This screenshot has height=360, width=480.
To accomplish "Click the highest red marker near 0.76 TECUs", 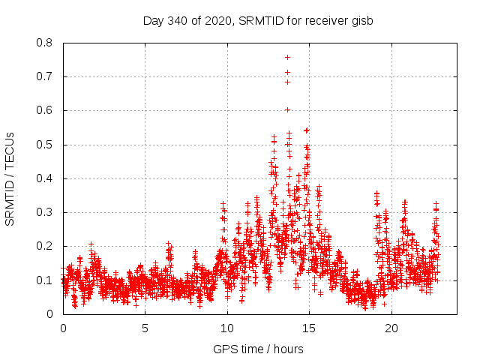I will (287, 57).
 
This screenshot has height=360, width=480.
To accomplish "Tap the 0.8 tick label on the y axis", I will (46, 43).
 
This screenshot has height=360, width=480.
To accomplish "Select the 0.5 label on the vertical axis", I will (46, 145).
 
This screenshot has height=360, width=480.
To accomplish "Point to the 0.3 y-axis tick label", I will (46, 212).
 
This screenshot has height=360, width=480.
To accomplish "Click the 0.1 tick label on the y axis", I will (46, 280).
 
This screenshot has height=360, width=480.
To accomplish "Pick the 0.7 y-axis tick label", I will (46, 76).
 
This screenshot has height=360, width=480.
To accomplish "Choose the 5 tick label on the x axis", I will (145, 328).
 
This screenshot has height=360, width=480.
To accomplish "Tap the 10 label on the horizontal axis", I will (227, 328).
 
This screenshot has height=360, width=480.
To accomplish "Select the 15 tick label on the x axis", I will (309, 328).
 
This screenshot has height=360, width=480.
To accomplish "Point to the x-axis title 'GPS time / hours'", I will (258, 349).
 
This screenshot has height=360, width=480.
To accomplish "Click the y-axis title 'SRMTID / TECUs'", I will (10, 178).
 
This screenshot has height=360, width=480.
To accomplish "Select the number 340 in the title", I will (177, 20).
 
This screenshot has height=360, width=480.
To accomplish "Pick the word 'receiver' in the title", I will (325, 20).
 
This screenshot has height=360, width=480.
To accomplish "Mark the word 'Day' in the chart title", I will (153, 20).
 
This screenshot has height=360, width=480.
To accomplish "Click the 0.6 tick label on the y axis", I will (46, 110).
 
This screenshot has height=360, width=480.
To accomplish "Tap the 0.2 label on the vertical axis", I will (46, 246).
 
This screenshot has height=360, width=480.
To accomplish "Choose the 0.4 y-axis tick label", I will (46, 178).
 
